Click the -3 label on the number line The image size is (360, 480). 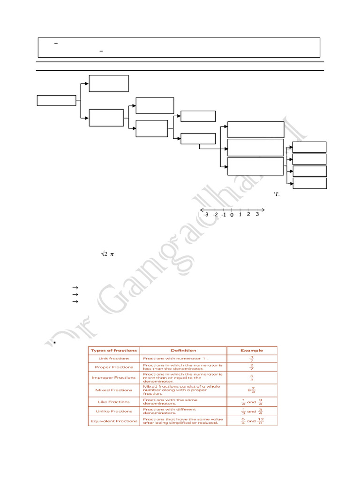pos(205,215)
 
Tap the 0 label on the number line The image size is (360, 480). pos(232,215)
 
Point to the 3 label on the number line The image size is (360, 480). pos(257,215)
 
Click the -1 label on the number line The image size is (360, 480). pos(224,215)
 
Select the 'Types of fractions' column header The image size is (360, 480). pos(114,350)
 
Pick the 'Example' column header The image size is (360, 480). pos(252,350)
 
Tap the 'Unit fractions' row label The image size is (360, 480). pos(114,359)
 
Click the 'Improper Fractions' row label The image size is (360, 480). pos(114,377)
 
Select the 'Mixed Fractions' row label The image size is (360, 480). pos(114,390)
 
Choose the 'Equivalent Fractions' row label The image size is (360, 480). pos(114,421)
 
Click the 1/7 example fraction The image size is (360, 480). pos(252,359)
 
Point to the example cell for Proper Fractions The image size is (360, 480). pos(252,367)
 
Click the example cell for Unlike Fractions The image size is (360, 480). pos(252,411)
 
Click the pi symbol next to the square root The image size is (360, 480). pos(112,255)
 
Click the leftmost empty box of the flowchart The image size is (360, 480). pos(56,100)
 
